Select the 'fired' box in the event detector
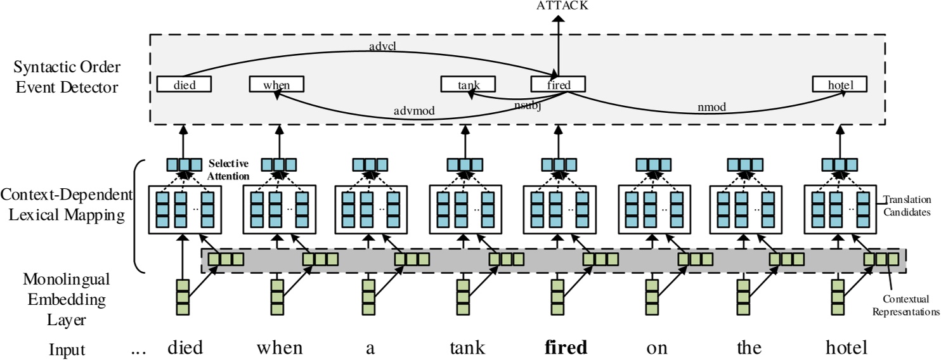point(558,84)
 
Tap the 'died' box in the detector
point(184,84)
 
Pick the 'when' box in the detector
point(276,84)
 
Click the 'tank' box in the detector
point(467,84)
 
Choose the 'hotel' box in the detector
point(841,84)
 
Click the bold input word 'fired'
point(557,347)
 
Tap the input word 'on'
point(652,347)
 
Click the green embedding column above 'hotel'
point(838,297)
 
